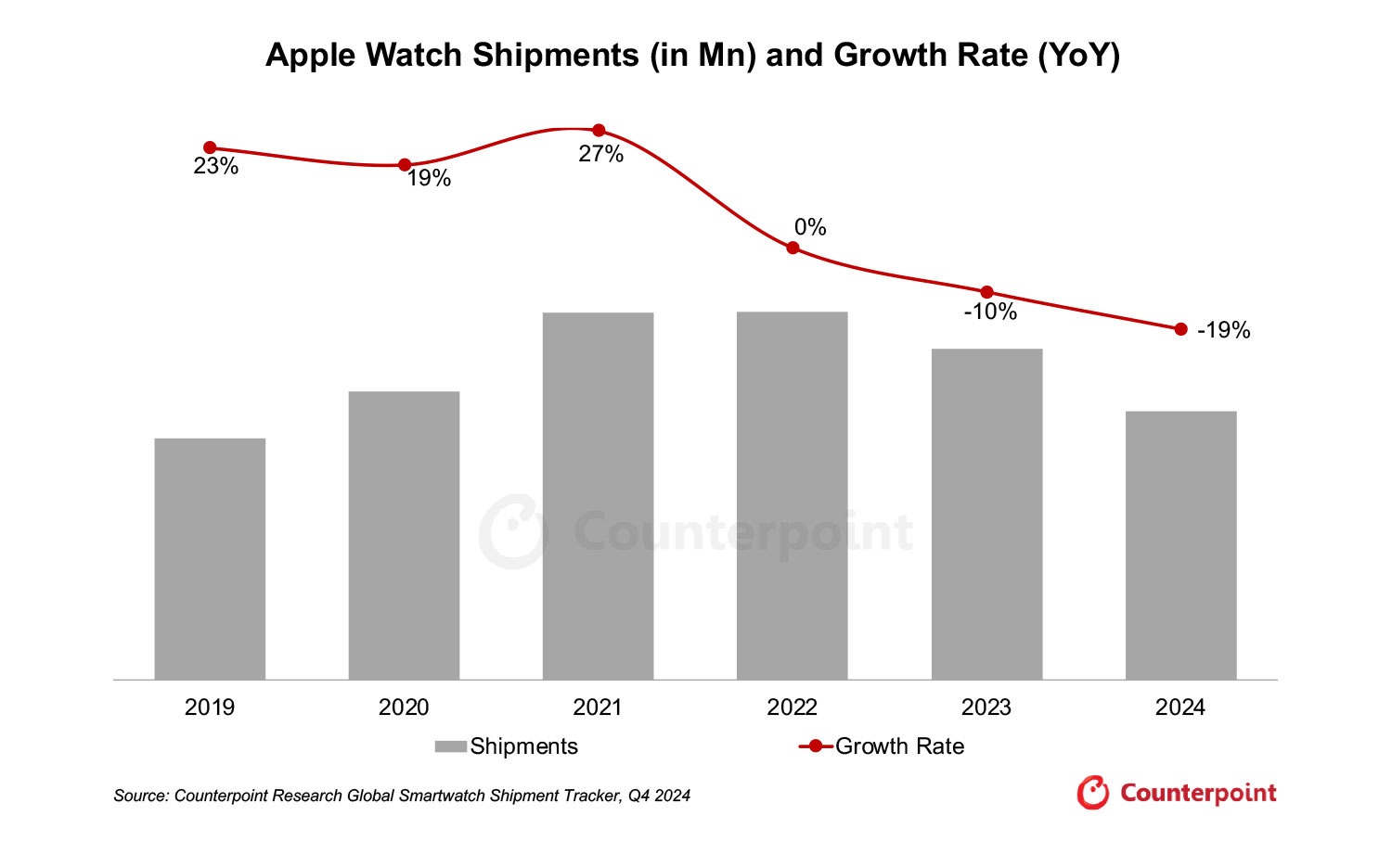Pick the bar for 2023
(x=986, y=515)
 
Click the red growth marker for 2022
(x=793, y=248)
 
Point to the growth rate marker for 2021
(x=599, y=131)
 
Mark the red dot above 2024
(x=1180, y=329)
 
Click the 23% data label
(x=215, y=167)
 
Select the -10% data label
(x=990, y=312)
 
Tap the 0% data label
(x=809, y=227)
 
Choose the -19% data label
(x=1223, y=331)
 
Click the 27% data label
(x=600, y=155)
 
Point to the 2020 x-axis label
(x=404, y=707)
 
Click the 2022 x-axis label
(x=792, y=707)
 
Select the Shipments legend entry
(x=507, y=746)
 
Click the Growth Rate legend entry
(x=882, y=746)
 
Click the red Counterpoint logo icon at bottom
(x=1093, y=793)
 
